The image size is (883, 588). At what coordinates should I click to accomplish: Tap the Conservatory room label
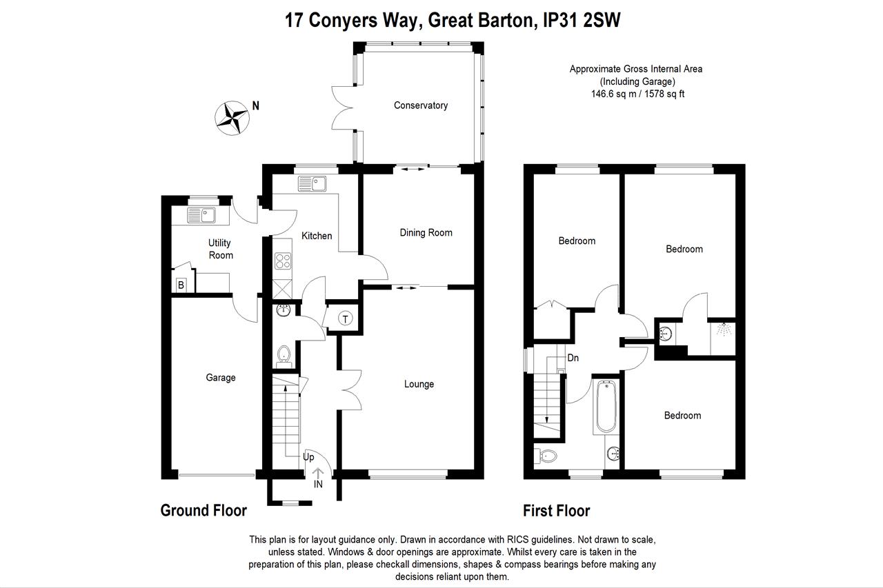point(420,105)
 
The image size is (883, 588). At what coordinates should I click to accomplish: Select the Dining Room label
point(426,232)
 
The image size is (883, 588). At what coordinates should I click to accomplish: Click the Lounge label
point(419,384)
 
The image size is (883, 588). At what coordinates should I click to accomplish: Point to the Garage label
point(221,377)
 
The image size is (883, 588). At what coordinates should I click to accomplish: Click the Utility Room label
point(220,249)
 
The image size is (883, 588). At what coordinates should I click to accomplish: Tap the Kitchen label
point(317,236)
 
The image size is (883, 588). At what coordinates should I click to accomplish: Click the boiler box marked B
point(181,285)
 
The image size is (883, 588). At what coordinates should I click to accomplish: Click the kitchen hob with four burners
point(283,261)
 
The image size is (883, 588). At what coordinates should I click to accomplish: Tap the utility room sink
point(201,216)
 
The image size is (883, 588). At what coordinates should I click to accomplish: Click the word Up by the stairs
point(308,457)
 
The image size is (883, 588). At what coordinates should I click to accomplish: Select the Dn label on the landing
point(573,358)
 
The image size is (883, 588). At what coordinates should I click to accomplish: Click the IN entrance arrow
point(318,478)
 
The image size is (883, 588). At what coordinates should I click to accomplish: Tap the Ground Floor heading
point(204,511)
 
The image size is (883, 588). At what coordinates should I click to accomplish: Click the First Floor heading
point(556,511)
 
